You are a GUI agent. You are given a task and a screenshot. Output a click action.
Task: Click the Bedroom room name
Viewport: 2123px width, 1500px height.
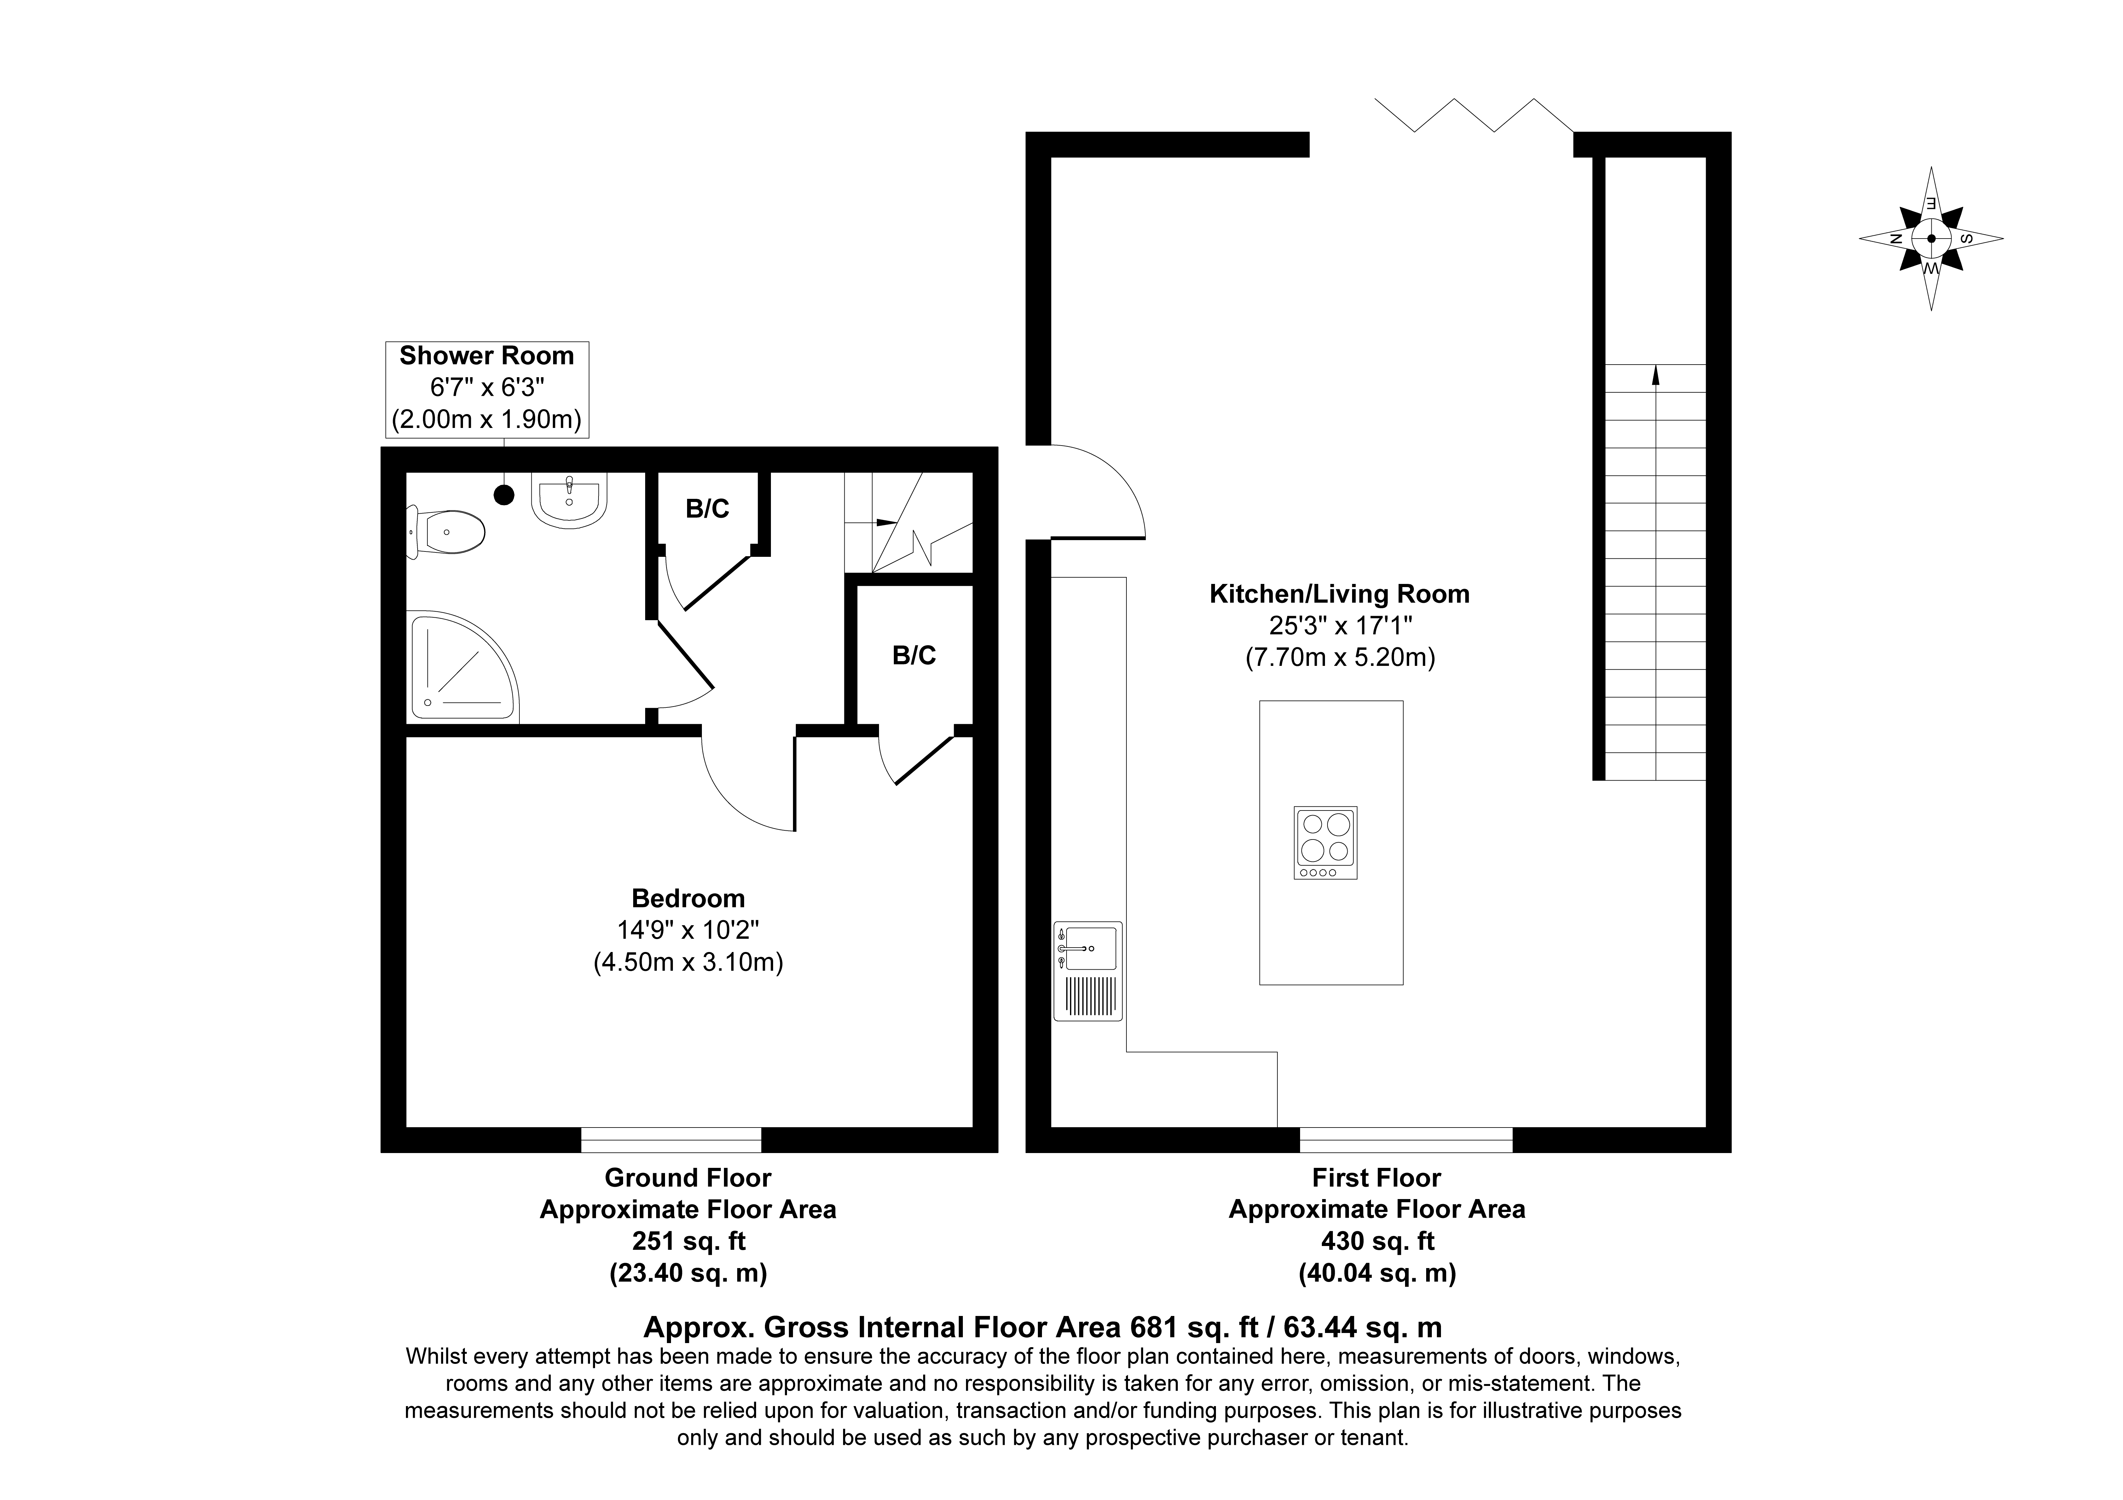(688, 898)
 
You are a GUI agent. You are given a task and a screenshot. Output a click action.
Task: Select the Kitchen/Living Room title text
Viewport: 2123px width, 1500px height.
(1339, 594)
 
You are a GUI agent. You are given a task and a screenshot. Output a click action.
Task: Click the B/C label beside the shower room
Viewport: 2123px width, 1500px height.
(707, 509)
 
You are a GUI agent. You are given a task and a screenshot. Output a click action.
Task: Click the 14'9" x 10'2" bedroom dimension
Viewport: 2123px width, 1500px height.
(688, 930)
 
